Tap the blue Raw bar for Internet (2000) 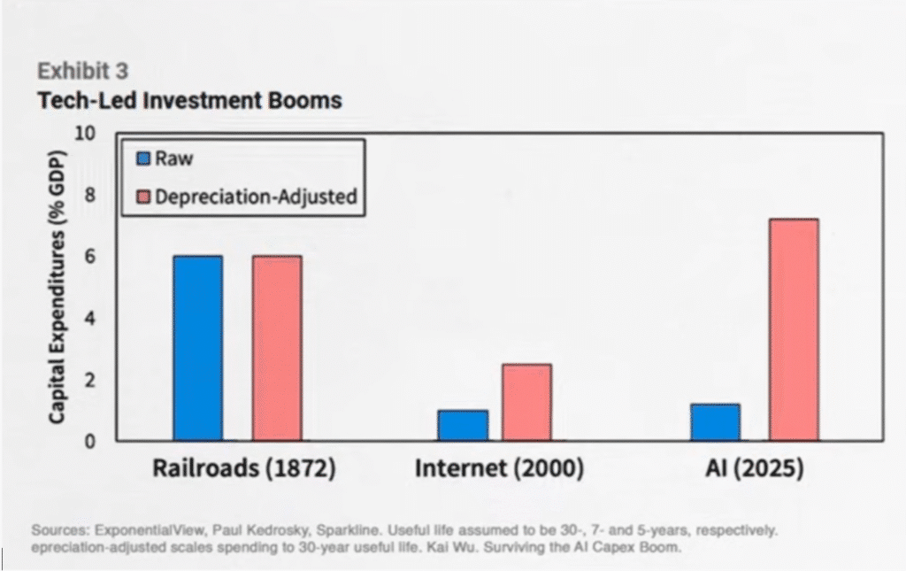click(462, 425)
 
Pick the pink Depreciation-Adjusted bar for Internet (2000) click(526, 402)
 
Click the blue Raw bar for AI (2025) click(715, 422)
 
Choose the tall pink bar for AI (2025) click(793, 329)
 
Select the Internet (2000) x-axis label click(499, 468)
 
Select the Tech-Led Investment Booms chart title click(189, 100)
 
